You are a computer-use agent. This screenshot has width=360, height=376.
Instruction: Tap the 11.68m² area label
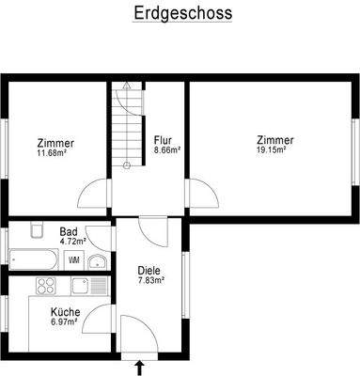click(x=55, y=153)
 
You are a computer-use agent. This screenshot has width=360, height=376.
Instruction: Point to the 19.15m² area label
click(x=272, y=149)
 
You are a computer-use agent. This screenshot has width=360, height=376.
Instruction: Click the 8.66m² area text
click(x=167, y=149)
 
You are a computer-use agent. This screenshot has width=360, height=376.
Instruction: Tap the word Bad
click(x=69, y=231)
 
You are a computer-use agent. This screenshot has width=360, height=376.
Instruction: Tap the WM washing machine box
click(x=75, y=258)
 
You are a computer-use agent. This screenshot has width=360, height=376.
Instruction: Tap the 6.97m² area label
click(x=66, y=323)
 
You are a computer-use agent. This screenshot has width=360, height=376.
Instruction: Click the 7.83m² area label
click(x=149, y=279)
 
